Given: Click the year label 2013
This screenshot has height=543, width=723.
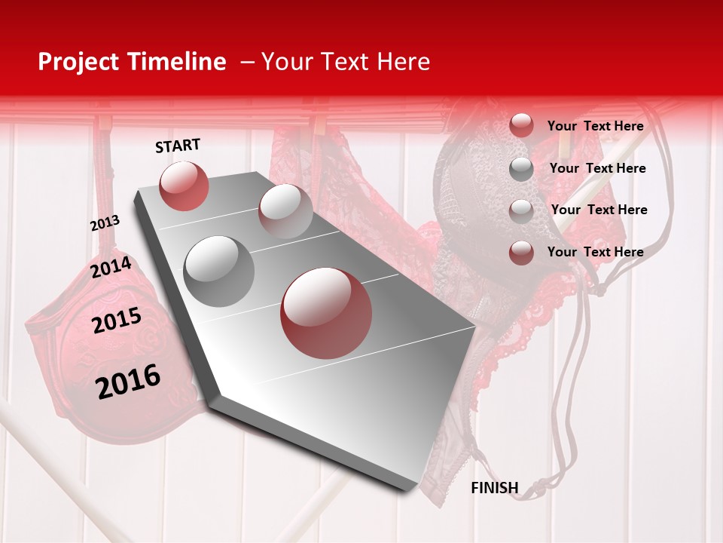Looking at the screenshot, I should [105, 223].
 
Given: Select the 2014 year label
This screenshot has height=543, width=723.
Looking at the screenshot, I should [111, 268].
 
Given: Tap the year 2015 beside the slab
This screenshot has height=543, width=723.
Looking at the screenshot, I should [116, 321].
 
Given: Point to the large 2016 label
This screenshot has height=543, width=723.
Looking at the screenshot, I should [128, 381].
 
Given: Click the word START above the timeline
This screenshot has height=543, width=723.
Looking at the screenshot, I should [178, 146].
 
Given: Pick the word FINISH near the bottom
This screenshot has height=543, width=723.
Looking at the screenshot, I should [494, 488].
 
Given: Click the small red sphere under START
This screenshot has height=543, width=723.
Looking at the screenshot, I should [184, 186].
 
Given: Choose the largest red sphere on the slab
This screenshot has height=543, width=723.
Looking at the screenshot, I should [326, 313].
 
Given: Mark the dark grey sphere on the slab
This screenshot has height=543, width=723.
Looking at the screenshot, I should [219, 271].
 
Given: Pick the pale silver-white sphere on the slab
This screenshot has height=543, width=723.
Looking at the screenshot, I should [285, 210].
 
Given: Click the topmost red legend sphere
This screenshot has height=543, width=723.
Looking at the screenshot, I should [521, 125].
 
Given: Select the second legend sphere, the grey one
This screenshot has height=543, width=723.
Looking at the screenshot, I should [521, 169].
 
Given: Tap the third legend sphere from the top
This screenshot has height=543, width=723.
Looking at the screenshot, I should [521, 211].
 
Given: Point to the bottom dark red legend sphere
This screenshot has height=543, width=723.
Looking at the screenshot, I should [521, 253].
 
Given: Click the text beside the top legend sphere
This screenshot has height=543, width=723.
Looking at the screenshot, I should [595, 127].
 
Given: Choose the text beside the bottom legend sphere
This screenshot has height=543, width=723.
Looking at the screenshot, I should [595, 252].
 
